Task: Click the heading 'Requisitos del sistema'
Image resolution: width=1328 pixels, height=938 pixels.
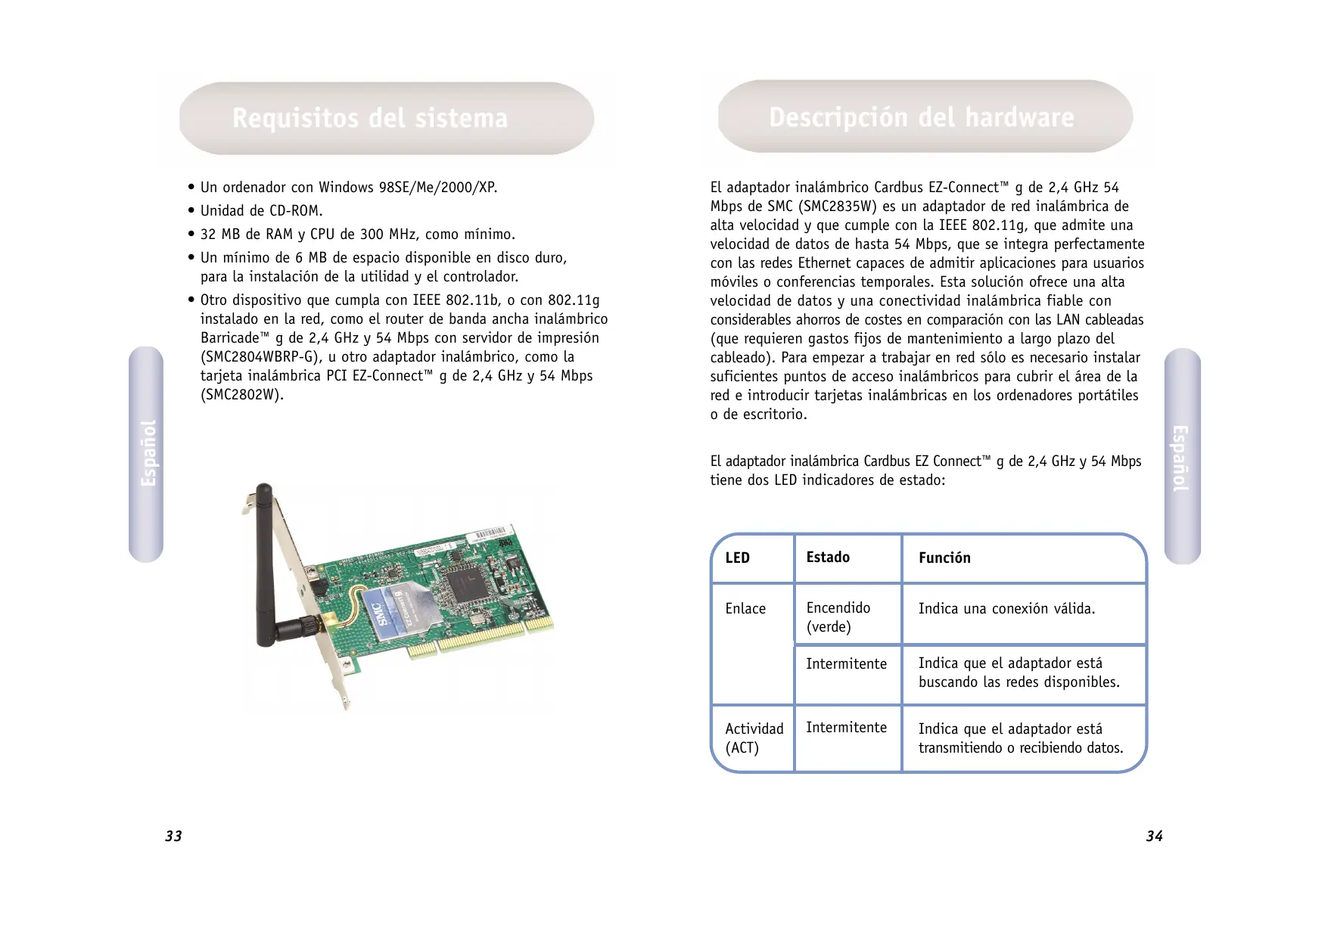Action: pyautogui.click(x=369, y=119)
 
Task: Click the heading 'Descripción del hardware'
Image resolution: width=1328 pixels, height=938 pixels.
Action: pyautogui.click(x=921, y=118)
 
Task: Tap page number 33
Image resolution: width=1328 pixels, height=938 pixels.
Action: pyautogui.click(x=173, y=836)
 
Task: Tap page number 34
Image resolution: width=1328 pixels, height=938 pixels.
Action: pyautogui.click(x=1154, y=836)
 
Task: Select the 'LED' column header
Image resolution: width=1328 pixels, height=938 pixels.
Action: pyautogui.click(x=737, y=558)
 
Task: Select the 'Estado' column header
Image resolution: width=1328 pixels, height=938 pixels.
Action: pyautogui.click(x=828, y=558)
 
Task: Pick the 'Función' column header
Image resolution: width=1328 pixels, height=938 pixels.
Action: pyautogui.click(x=944, y=558)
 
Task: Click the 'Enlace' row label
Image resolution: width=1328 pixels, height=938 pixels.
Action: pyautogui.click(x=745, y=609)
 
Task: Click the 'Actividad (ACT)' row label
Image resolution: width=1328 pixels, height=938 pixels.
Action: pyautogui.click(x=754, y=738)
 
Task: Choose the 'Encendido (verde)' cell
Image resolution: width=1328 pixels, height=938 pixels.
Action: pyautogui.click(x=838, y=617)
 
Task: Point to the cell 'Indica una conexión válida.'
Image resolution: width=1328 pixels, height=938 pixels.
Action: pyautogui.click(x=1006, y=609)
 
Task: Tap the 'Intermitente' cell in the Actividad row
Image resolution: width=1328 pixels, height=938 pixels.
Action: pyautogui.click(x=846, y=728)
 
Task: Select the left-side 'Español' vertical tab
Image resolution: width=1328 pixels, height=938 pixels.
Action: pyautogui.click(x=147, y=454)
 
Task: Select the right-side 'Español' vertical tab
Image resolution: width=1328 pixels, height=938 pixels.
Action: pyautogui.click(x=1181, y=457)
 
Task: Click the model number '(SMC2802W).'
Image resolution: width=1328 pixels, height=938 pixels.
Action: pyautogui.click(x=241, y=395)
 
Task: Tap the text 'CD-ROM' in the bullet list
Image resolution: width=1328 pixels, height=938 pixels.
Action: pyautogui.click(x=296, y=211)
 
